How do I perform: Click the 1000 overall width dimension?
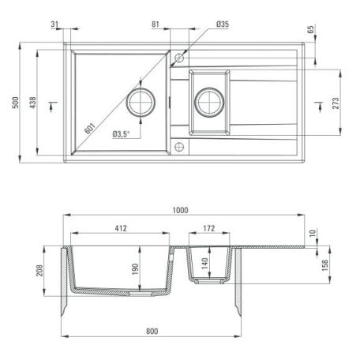point(181,210)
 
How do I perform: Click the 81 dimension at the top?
point(157,24)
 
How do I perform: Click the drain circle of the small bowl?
point(208,100)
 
